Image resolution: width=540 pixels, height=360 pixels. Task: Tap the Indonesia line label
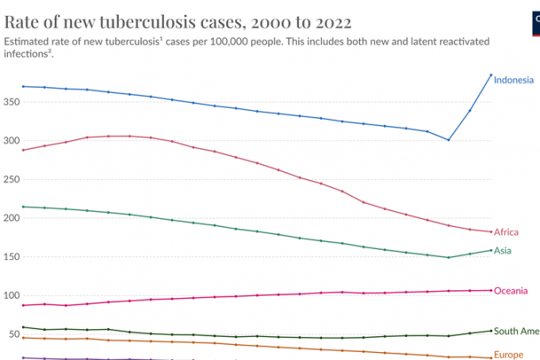click(513, 80)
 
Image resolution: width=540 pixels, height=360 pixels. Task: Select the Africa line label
click(506, 232)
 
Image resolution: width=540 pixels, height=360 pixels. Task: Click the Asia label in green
click(503, 251)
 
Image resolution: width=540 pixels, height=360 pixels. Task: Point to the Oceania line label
click(510, 291)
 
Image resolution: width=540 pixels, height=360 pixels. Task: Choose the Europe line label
click(508, 354)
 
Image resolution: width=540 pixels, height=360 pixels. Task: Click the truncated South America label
click(516, 331)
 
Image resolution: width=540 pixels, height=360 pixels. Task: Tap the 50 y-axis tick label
click(14, 335)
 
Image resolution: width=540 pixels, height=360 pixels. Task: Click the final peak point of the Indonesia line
click(491, 75)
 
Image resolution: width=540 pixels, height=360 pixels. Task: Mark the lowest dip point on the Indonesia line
click(449, 140)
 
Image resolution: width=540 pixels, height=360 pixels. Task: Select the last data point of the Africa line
click(491, 232)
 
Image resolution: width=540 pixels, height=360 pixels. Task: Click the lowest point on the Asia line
click(449, 258)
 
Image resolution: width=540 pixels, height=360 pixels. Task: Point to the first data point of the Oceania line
click(24, 305)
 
